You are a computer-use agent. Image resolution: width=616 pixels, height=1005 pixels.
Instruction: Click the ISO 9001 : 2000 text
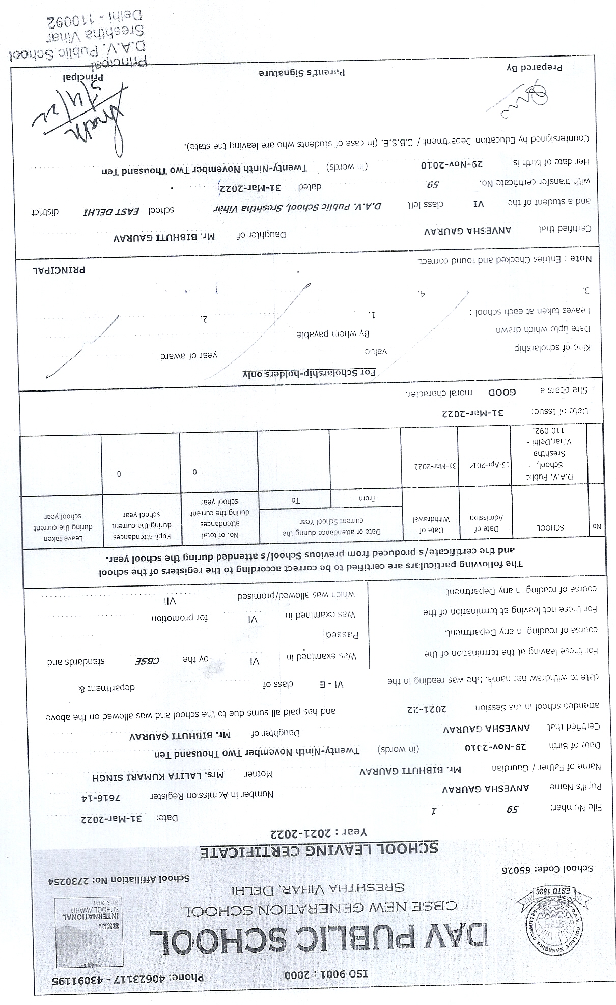tap(326, 973)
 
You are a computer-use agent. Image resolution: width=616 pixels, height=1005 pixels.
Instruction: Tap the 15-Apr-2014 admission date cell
tap(485, 465)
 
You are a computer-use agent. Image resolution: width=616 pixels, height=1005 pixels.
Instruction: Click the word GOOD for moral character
tap(502, 392)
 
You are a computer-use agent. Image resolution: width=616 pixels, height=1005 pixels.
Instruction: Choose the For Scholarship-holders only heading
tap(309, 373)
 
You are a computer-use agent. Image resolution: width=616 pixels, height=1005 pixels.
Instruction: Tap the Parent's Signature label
tap(302, 72)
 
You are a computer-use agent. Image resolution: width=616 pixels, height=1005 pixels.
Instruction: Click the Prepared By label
tap(534, 67)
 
